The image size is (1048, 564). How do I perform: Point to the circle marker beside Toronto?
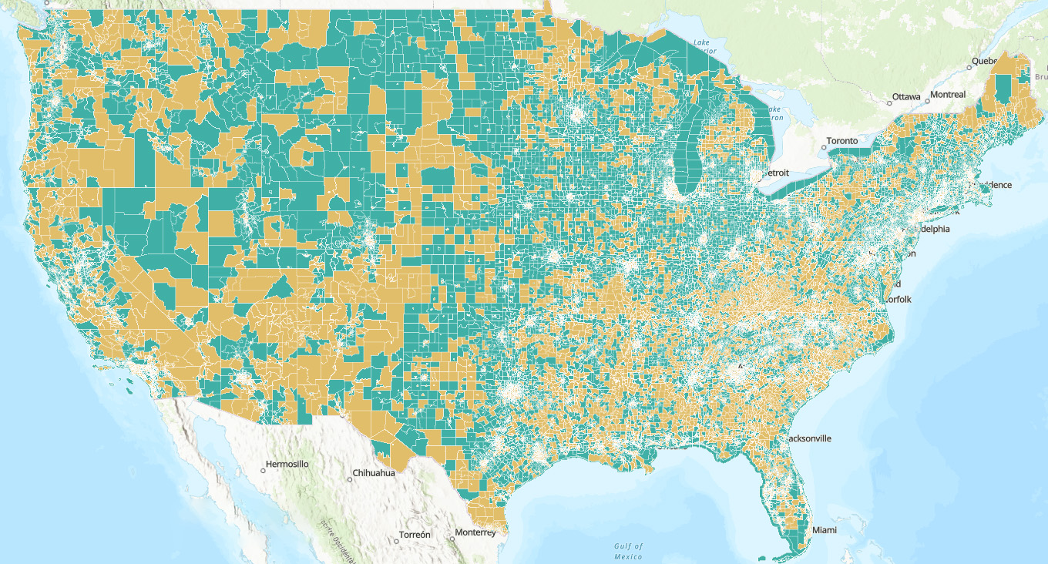click(823, 146)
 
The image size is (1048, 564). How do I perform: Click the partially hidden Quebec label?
click(984, 61)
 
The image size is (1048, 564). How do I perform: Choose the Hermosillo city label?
click(287, 465)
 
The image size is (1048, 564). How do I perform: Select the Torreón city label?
click(416, 535)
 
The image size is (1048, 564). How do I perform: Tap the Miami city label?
click(824, 531)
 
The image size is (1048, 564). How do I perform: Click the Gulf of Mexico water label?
click(628, 551)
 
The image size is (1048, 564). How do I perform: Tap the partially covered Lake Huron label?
click(777, 114)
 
